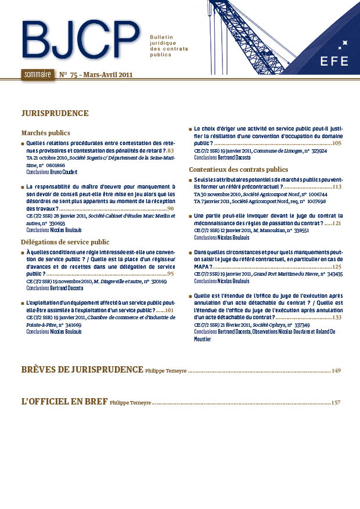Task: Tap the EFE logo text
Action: point(334,61)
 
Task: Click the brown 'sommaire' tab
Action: point(37,74)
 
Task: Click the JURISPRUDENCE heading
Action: point(55,113)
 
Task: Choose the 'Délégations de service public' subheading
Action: point(65,241)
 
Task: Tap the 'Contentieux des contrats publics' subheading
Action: point(238,169)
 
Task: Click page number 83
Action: point(171,151)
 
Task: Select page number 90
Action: point(171,208)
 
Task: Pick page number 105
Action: point(337,143)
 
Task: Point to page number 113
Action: point(337,187)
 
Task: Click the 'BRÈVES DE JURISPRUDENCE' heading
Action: point(82,369)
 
